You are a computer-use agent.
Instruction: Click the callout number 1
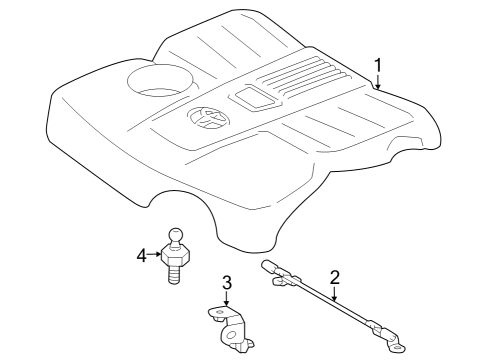click(378, 65)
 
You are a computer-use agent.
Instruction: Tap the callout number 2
click(334, 277)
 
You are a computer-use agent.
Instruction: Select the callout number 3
click(227, 282)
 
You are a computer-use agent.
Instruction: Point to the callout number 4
click(142, 256)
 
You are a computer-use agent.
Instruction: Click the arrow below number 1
click(378, 82)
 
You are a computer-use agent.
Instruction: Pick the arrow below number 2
click(334, 294)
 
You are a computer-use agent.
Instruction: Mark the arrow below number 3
click(227, 298)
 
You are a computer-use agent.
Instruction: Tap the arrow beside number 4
click(154, 254)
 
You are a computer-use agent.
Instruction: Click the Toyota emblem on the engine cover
click(208, 117)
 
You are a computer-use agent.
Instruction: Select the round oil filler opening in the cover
click(160, 81)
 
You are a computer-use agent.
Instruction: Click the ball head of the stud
click(175, 236)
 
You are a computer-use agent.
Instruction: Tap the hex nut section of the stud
click(176, 256)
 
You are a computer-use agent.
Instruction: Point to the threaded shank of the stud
click(175, 275)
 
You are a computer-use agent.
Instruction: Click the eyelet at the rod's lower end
click(397, 348)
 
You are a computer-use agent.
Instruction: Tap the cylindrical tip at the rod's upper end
click(269, 266)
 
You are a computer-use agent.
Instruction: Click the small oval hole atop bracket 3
click(219, 312)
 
